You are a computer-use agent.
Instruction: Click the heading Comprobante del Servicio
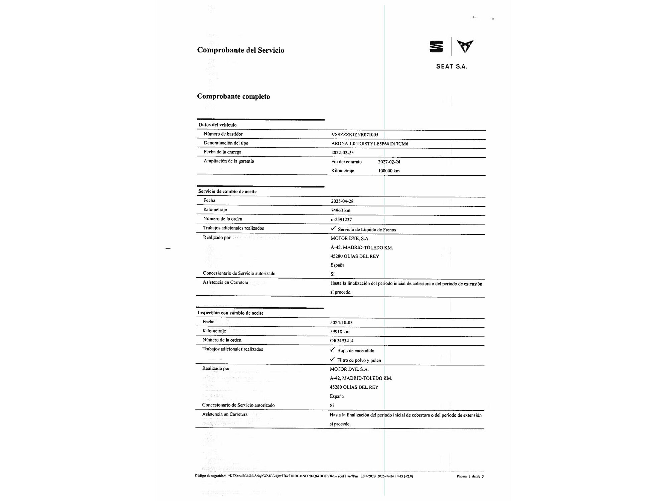tap(240, 50)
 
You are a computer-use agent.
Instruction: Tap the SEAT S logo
tap(436, 46)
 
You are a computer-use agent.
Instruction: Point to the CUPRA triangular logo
tap(465, 46)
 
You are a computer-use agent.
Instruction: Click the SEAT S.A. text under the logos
tap(451, 66)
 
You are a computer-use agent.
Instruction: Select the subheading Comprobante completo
tap(233, 97)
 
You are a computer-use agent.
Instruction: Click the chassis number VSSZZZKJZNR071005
tap(355, 135)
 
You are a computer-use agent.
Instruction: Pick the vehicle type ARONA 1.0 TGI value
tap(369, 144)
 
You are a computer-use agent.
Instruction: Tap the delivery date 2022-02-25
tap(342, 153)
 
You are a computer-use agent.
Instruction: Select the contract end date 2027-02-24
tap(389, 162)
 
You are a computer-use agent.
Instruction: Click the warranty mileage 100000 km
tap(389, 171)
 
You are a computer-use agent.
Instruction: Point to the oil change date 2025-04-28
tap(342, 201)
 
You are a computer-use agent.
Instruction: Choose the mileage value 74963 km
tap(341, 210)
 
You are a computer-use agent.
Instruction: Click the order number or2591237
tap(341, 219)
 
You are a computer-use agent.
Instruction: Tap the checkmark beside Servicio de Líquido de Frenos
tap(333, 228)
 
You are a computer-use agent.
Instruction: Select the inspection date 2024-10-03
tap(341, 322)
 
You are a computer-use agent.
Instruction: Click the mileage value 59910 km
tap(340, 332)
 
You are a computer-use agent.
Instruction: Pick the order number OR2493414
tap(342, 341)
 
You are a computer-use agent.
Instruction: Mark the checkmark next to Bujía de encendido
tap(332, 350)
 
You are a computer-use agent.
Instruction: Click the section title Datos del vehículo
tap(217, 125)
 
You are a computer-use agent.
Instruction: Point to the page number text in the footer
tap(470, 476)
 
